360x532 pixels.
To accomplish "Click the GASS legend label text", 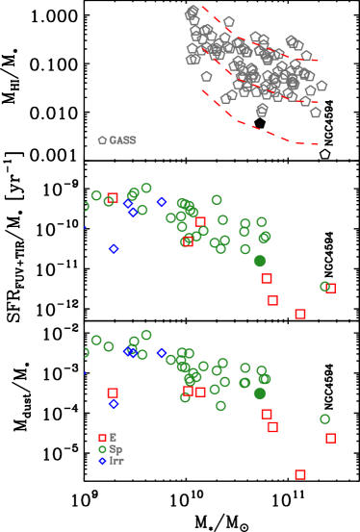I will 122,140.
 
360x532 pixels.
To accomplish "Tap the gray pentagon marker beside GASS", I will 103,140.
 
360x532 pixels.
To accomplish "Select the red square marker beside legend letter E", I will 103,438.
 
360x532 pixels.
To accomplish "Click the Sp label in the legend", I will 116,449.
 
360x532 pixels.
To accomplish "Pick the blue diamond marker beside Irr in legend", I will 103,461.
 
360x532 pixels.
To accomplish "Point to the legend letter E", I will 113,438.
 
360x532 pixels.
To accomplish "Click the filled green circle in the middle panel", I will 260,261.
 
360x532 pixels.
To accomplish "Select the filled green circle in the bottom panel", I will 260,393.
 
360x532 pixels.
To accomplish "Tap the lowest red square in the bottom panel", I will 300,474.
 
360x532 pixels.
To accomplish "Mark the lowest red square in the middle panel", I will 300,314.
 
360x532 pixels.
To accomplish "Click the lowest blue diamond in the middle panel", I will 114,249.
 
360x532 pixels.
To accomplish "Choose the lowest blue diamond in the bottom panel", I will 114,404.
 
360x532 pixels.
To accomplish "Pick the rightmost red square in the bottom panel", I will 331,438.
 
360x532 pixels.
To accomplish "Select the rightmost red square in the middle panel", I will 331,288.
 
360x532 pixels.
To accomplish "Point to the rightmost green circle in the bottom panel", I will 324,418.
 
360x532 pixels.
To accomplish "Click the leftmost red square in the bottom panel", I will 113,393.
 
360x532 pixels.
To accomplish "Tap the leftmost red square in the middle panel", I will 113,198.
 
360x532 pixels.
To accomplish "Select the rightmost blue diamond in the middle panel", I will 162,202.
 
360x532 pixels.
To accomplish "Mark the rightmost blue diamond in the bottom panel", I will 162,353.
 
